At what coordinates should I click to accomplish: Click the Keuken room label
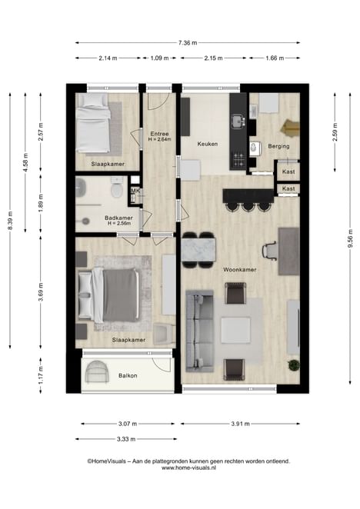pyautogui.click(x=207, y=144)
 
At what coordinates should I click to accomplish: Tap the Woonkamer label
pyautogui.click(x=240, y=269)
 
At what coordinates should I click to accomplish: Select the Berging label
pyautogui.click(x=278, y=146)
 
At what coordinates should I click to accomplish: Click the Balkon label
pyautogui.click(x=128, y=375)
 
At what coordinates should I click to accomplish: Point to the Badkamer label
pyautogui.click(x=118, y=218)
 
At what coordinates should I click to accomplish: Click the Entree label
pyautogui.click(x=159, y=134)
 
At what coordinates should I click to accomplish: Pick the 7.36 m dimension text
pyautogui.click(x=188, y=42)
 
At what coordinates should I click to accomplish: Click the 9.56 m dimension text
pyautogui.click(x=350, y=238)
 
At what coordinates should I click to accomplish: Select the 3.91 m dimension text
pyautogui.click(x=241, y=424)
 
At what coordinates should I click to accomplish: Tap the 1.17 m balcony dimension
pyautogui.click(x=41, y=375)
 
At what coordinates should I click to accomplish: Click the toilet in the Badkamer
pyautogui.click(x=116, y=188)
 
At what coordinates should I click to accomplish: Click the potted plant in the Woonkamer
pyautogui.click(x=294, y=365)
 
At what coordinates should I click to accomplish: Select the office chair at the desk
pyautogui.click(x=269, y=251)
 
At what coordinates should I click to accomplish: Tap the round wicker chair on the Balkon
pyautogui.click(x=96, y=371)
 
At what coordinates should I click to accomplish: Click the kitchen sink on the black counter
pyautogui.click(x=238, y=121)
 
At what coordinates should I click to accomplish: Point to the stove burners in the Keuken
pyautogui.click(x=238, y=160)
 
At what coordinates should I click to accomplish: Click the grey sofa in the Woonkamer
pyautogui.click(x=199, y=331)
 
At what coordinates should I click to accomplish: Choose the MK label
pyautogui.click(x=135, y=191)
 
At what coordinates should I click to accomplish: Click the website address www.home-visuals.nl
pyautogui.click(x=188, y=467)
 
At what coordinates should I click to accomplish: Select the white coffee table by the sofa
pyautogui.click(x=236, y=331)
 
